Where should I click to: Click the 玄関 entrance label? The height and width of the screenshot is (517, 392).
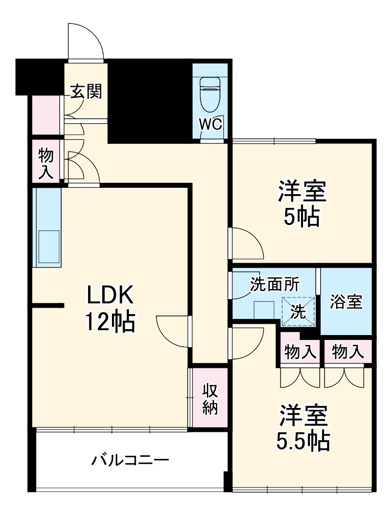click(x=86, y=91)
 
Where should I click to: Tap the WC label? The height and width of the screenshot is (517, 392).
click(x=211, y=124)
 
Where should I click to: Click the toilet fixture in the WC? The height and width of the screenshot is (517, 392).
click(x=211, y=95)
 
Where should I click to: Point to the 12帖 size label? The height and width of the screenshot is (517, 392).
click(x=110, y=322)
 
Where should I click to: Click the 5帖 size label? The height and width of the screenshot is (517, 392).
click(x=302, y=217)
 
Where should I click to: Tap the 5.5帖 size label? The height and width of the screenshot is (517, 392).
click(x=303, y=442)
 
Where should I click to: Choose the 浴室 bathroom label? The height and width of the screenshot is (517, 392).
click(x=346, y=302)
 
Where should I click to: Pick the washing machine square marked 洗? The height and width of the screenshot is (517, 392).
click(x=299, y=311)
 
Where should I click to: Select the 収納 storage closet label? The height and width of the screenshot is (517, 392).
click(x=210, y=399)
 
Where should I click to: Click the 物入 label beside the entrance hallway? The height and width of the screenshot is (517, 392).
click(x=46, y=164)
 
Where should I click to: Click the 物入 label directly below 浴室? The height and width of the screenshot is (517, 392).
click(x=348, y=351)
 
